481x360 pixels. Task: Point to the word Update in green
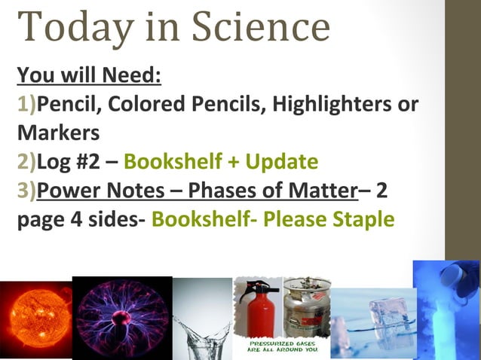(276, 161)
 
